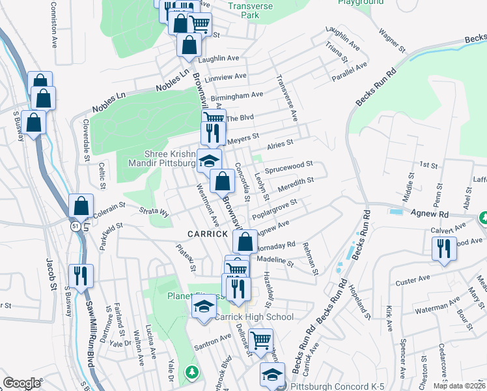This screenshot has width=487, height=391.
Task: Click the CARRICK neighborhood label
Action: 208,234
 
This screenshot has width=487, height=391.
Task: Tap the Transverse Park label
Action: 251,10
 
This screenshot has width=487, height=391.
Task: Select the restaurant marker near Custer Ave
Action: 444,248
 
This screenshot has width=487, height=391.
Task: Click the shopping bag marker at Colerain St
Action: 81,207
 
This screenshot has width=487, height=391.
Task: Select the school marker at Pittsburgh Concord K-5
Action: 272,374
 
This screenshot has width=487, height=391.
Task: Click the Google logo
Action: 21,383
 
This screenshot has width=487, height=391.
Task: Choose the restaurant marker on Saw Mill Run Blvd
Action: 81,276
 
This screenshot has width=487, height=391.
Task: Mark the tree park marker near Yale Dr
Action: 191,372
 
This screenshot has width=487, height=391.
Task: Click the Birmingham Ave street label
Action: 241,95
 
